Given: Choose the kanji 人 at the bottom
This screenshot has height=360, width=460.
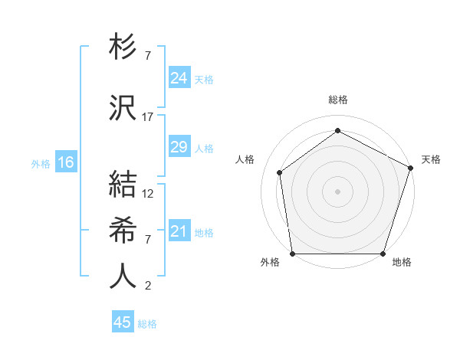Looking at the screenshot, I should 123,276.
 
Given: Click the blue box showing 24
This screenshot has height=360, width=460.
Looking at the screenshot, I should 179,78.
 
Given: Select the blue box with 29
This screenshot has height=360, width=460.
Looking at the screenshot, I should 179,147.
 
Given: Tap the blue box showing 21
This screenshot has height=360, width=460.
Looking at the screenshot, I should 179,231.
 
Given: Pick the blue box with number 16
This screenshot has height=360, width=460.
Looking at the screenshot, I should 66,162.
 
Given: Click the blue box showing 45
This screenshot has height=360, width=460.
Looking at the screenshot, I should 123,322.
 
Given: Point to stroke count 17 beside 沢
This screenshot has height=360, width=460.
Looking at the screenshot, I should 148,117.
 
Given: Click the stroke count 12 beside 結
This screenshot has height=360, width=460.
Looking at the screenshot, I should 148,194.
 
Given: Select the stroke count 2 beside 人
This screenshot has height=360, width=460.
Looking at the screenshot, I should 147,286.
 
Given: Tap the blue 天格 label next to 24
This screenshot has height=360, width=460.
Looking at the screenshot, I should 204,79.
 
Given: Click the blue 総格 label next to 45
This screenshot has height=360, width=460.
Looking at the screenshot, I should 148,324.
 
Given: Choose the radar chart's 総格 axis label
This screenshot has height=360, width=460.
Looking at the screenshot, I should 338,100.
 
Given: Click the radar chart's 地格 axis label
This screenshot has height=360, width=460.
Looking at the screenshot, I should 402,262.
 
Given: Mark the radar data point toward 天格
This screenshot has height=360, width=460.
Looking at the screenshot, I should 410,168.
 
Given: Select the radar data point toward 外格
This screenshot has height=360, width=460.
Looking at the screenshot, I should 293,254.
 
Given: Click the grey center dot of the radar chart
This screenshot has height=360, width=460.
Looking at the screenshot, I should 338,191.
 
